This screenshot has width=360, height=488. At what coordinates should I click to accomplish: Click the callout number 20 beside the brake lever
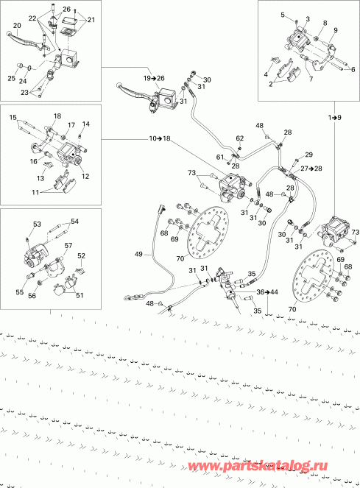(x=16, y=26)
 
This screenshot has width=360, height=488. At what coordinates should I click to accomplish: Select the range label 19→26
(x=155, y=78)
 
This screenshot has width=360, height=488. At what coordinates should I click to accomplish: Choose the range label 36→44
(x=269, y=292)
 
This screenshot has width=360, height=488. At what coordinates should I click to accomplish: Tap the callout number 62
(x=239, y=138)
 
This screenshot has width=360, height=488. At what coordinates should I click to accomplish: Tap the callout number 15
(x=13, y=118)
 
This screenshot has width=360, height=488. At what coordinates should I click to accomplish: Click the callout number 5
(x=282, y=15)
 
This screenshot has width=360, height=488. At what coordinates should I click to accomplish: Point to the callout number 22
(x=32, y=17)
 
